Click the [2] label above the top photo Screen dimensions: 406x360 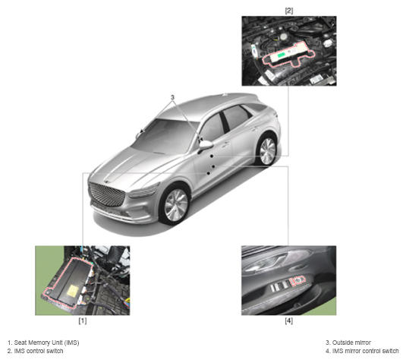tap(288, 11)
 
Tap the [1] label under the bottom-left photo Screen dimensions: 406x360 tap(83, 321)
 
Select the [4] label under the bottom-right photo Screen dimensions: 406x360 tap(288, 321)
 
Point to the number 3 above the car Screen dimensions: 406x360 tap(172, 97)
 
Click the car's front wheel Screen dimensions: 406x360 tap(176, 205)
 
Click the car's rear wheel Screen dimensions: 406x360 tap(267, 151)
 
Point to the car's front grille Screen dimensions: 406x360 tap(106, 194)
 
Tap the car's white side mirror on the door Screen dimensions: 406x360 tap(206, 145)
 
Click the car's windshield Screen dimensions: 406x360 tap(165, 135)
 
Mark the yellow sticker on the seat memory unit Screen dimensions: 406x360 tap(73, 292)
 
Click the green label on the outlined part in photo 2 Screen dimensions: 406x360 tap(281, 55)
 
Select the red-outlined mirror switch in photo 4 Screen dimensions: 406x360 tap(297, 281)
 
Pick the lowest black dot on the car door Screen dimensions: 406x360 tap(208, 173)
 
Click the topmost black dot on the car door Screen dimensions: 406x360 tap(212, 156)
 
